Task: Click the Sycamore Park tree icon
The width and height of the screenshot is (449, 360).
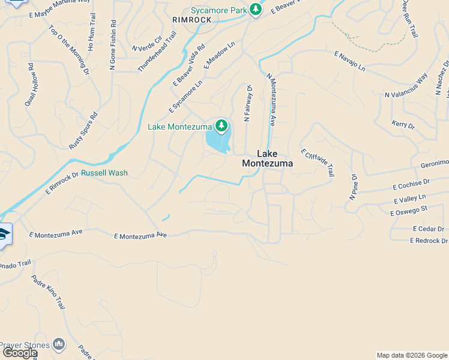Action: (256, 10)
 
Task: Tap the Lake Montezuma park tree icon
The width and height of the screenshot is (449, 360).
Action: (222, 125)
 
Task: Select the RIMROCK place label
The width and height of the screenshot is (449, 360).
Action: (192, 20)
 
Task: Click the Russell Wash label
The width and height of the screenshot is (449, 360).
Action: (104, 173)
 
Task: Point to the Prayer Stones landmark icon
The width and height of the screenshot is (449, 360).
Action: (58, 344)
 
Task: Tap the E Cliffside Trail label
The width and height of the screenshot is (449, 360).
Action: (318, 163)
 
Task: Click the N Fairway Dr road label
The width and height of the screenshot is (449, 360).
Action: (247, 103)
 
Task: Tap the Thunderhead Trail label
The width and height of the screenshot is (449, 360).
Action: (157, 53)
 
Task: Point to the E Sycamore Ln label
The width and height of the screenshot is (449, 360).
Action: (185, 96)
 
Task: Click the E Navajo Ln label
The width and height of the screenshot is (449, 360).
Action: (349, 61)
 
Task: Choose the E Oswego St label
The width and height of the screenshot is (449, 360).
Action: (408, 211)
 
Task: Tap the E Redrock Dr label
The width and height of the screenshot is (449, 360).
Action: (429, 241)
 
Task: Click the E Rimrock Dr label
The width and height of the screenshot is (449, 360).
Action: (62, 182)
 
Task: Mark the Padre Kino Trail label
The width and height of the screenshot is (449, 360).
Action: (48, 292)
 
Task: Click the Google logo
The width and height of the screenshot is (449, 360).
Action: (20, 353)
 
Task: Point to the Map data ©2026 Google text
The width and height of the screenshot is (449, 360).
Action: (412, 355)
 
